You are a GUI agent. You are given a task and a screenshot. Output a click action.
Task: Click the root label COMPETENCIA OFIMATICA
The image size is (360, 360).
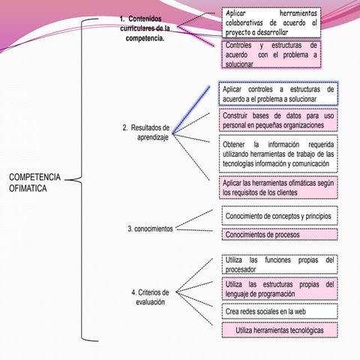click(34, 182)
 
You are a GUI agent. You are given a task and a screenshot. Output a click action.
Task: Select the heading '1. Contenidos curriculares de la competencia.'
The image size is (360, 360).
click(145, 28)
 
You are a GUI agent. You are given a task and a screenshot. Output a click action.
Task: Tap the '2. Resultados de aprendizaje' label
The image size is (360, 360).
click(146, 133)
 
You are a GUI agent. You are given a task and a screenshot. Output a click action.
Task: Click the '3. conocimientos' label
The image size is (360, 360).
click(150, 229)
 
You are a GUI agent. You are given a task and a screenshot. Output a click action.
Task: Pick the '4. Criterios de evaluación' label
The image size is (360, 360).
click(150, 297)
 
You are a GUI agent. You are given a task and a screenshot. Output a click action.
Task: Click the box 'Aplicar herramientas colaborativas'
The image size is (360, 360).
click(271, 22)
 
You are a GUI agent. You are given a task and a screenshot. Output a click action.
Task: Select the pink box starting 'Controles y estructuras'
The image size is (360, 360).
click(271, 54)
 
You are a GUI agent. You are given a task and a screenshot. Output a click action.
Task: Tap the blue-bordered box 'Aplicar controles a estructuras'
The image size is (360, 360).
click(278, 94)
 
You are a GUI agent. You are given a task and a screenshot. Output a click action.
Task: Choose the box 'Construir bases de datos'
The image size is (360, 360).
click(278, 120)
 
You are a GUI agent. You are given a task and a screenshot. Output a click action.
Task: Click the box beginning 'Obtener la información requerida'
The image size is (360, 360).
click(278, 154)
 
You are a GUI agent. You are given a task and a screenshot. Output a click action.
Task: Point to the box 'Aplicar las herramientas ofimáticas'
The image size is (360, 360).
click(278, 187)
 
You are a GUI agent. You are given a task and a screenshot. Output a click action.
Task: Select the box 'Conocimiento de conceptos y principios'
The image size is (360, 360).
click(280, 216)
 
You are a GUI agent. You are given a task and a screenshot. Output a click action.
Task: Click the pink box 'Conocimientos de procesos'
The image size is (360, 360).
click(280, 235)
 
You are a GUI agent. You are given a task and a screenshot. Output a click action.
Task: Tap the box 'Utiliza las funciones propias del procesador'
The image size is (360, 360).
click(280, 265)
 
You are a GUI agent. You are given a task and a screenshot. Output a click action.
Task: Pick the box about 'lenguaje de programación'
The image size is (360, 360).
click(280, 289)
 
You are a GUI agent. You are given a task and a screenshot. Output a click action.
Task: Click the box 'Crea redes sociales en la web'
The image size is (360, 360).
click(280, 311)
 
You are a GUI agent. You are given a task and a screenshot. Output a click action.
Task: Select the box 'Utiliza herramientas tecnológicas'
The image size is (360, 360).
click(280, 330)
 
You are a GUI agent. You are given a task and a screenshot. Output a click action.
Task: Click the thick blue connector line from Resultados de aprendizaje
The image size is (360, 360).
click(191, 109)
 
